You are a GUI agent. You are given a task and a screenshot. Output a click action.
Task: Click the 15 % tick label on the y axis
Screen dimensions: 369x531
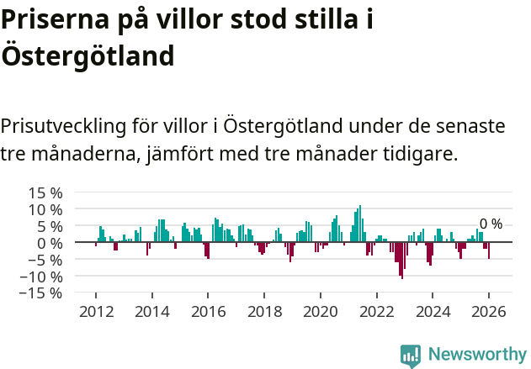point(46,192)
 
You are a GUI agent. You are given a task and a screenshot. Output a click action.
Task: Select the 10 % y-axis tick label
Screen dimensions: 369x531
point(46,208)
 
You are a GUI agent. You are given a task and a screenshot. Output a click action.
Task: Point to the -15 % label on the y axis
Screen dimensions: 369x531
point(44,293)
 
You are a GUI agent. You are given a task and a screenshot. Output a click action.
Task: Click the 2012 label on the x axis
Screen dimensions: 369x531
point(95,310)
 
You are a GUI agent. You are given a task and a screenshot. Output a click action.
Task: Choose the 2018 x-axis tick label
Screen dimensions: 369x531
point(264,310)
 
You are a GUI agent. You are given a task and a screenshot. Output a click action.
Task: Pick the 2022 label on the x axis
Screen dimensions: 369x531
point(376,310)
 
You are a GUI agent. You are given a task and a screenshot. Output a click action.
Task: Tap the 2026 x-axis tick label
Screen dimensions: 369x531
point(489,310)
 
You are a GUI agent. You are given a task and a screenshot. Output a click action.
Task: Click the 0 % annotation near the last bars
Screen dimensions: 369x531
point(491,224)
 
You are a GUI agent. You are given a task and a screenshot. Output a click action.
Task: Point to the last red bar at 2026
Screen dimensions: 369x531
point(489,250)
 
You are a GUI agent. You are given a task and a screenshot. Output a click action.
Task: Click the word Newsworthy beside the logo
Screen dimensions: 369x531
point(476,355)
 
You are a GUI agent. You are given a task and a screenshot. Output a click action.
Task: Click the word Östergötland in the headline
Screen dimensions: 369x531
point(88,56)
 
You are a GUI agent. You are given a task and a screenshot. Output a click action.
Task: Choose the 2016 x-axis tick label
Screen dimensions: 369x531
point(208,310)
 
